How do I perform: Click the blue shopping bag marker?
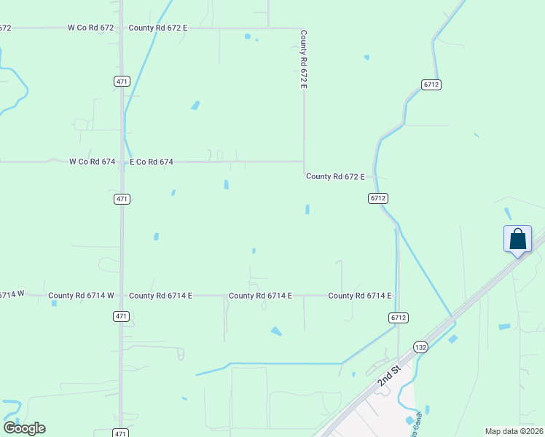click(x=517, y=240)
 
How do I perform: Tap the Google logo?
click(x=25, y=428)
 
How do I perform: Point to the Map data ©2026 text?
click(x=514, y=431)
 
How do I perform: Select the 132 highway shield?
click(x=420, y=347)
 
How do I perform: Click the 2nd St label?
click(x=390, y=376)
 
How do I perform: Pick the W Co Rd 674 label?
click(x=93, y=162)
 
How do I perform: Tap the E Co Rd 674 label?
click(x=152, y=162)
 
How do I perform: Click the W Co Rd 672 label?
click(x=91, y=28)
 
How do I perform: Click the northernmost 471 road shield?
click(x=122, y=82)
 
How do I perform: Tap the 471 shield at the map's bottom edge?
click(x=122, y=433)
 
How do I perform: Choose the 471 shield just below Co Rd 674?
click(x=122, y=199)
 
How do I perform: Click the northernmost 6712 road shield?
click(x=431, y=84)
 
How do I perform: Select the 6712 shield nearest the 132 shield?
click(x=398, y=318)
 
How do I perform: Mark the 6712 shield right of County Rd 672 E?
click(x=377, y=198)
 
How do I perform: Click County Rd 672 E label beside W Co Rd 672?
click(x=158, y=28)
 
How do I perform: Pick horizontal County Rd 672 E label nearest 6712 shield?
click(x=335, y=176)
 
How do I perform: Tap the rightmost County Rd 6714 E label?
click(x=360, y=296)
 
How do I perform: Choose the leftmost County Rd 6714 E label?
click(x=160, y=296)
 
